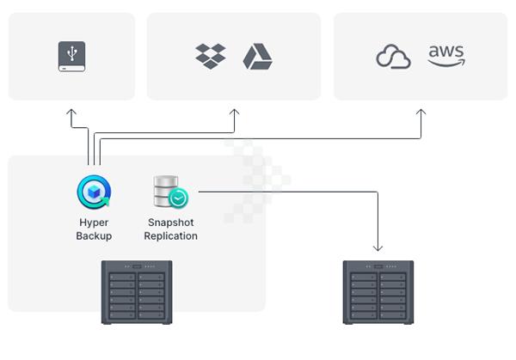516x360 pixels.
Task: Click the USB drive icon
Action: pyautogui.click(x=71, y=56)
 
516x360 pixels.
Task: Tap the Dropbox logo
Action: pyautogui.click(x=210, y=56)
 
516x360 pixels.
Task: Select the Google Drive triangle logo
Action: pyautogui.click(x=257, y=56)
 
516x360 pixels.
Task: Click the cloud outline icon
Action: pyautogui.click(x=394, y=57)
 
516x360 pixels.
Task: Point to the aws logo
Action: pyautogui.click(x=446, y=55)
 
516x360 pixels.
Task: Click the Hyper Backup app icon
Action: pyautogui.click(x=93, y=192)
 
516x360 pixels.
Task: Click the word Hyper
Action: pyautogui.click(x=93, y=223)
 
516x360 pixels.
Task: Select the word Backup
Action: pyautogui.click(x=93, y=236)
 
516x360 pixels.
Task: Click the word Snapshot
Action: pyautogui.click(x=170, y=223)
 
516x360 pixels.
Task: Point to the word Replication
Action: pyautogui.click(x=170, y=236)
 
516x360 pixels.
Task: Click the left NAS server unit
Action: pyautogui.click(x=137, y=292)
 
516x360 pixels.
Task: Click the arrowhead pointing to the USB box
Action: pyautogui.click(x=71, y=112)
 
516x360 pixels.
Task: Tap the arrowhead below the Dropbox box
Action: pyautogui.click(x=234, y=112)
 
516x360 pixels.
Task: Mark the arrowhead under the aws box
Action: pyautogui.click(x=421, y=112)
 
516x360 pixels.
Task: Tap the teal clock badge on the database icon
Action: pyautogui.click(x=179, y=198)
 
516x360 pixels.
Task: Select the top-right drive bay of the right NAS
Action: pyautogui.click(x=394, y=277)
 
